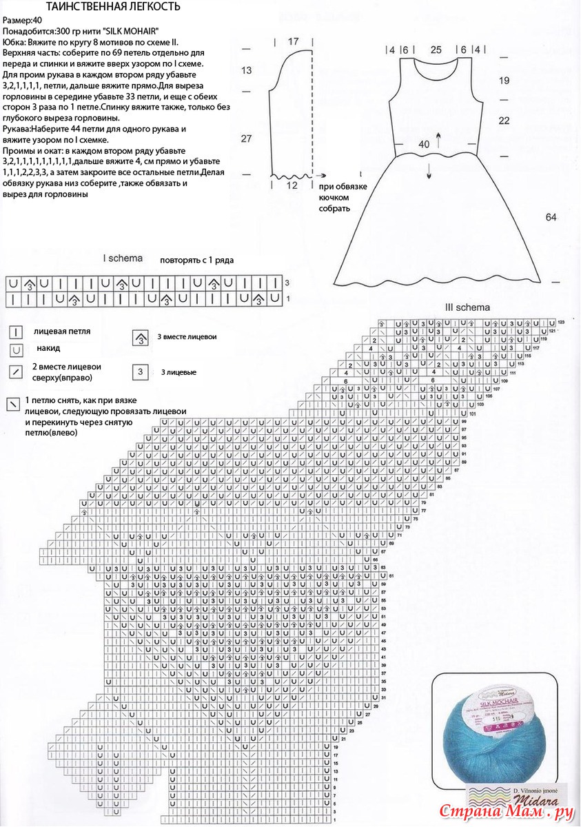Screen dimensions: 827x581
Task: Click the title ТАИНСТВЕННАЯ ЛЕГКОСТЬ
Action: coord(113,7)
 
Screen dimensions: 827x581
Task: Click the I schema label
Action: coord(123,258)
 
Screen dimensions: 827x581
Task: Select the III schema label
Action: coord(468,307)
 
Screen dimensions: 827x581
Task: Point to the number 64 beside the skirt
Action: coord(551,217)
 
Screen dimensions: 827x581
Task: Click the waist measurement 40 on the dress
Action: coord(424,144)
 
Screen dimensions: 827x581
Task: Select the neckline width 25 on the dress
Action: coord(436,50)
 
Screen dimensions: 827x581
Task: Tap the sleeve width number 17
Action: coord(293,41)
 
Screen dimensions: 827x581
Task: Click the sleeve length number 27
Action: coord(246,139)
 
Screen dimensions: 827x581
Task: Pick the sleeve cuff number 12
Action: coord(292,185)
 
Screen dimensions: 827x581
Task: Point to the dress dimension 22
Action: coord(504,121)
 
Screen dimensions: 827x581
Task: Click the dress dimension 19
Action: coord(504,81)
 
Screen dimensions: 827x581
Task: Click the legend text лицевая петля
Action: coord(62,331)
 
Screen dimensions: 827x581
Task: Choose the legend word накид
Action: coord(48,349)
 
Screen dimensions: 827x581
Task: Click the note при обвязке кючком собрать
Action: coord(343,198)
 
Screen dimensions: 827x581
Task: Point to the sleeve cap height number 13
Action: coord(247,70)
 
